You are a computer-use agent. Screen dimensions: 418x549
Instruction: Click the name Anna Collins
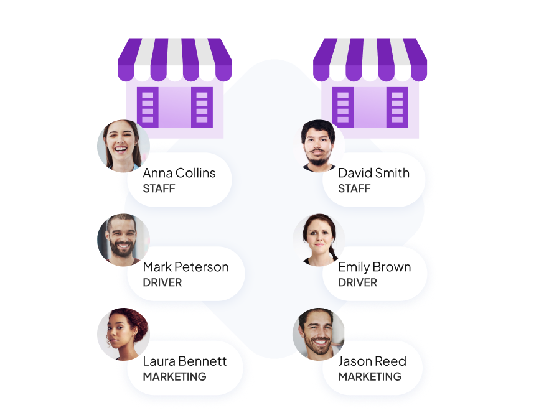coord(179,173)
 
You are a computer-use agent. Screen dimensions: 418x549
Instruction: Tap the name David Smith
coord(373,173)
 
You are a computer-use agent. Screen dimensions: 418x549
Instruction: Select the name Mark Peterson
coord(185,267)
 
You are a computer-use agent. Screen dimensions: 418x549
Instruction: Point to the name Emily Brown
coord(374,267)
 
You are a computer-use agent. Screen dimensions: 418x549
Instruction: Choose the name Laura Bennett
coord(184,361)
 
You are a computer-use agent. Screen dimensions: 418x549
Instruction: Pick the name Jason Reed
coord(372,361)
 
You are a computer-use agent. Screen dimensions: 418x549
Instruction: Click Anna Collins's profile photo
coord(123,146)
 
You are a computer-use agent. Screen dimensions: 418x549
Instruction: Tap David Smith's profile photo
coord(319,146)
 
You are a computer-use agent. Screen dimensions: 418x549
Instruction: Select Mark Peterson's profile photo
coord(123,240)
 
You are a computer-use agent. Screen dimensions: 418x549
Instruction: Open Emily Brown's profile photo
coord(319,240)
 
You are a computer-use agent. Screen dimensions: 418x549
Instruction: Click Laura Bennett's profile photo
coord(123,334)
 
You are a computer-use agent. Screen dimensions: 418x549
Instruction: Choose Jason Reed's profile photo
coord(319,334)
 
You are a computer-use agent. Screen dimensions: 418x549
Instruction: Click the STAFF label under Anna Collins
coord(159,188)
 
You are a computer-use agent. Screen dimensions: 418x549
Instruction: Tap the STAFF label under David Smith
coord(354,188)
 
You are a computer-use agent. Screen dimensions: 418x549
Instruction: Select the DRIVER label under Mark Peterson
coord(162,282)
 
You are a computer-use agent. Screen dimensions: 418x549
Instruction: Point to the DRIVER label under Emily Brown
coord(357,282)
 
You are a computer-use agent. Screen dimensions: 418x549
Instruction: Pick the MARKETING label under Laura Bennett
coord(174,376)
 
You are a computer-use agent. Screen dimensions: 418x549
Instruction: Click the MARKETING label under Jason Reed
coord(370,376)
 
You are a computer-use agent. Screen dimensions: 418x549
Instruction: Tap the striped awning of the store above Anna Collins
coord(175,60)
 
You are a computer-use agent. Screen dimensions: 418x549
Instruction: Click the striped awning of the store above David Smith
coord(370,60)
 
